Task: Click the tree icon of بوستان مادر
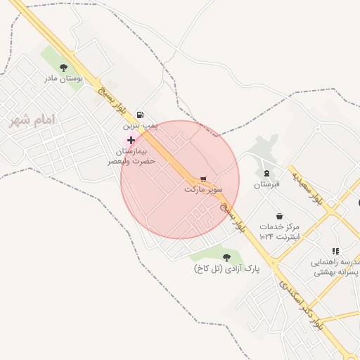coord(64,68)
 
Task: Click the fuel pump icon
coord(141,114)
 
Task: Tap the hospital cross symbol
coord(131,141)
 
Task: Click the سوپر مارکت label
coord(204,190)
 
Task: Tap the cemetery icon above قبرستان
coord(266,173)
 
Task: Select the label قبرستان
coord(266,184)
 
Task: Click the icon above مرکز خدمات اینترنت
coord(280,216)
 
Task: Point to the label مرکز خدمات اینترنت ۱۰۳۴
coord(279,232)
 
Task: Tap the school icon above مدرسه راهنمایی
coord(335,251)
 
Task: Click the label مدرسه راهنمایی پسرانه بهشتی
coord(335,266)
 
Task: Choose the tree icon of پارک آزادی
coord(226,257)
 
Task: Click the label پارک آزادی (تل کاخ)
coord(226,269)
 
